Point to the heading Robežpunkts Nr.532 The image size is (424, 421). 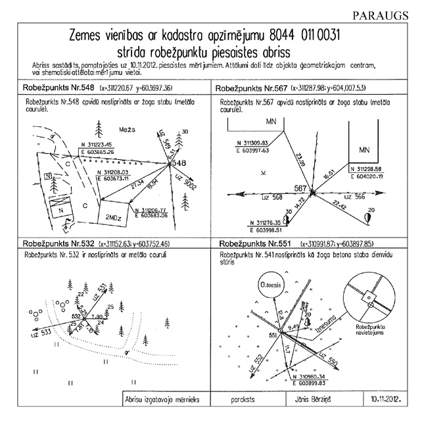click(x=53, y=243)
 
